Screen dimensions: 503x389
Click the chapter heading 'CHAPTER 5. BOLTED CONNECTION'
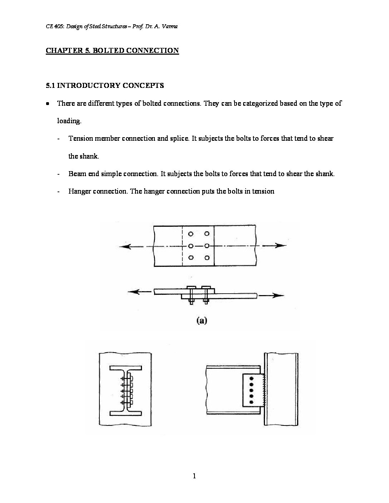(x=112, y=50)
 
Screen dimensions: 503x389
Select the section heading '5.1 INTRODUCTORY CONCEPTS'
(x=105, y=85)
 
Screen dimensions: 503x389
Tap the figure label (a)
(x=202, y=320)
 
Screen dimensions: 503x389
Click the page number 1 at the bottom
(x=194, y=475)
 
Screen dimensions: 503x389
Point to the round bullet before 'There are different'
(x=48, y=104)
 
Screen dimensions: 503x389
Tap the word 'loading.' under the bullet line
(x=69, y=121)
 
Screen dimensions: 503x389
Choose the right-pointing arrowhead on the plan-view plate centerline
(x=282, y=246)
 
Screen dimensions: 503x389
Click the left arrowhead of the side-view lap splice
(x=132, y=292)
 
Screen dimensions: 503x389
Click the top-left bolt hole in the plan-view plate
(x=191, y=234)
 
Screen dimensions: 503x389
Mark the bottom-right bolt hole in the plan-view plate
(x=206, y=258)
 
